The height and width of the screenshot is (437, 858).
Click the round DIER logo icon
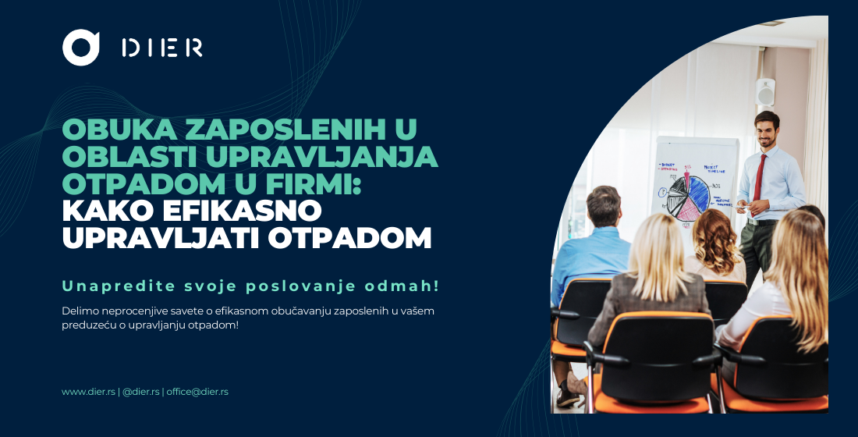pyautogui.click(x=81, y=48)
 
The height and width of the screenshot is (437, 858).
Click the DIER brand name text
pyautogui.click(x=162, y=48)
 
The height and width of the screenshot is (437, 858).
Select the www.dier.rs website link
pyautogui.click(x=88, y=392)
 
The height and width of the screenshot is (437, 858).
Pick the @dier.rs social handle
pyautogui.click(x=141, y=392)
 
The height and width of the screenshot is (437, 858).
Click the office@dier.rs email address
pyautogui.click(x=197, y=392)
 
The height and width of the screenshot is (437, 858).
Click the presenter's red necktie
pyautogui.click(x=758, y=176)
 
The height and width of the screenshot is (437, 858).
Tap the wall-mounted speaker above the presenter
pyautogui.click(x=766, y=93)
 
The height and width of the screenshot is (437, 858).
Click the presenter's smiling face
pyautogui.click(x=767, y=130)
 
